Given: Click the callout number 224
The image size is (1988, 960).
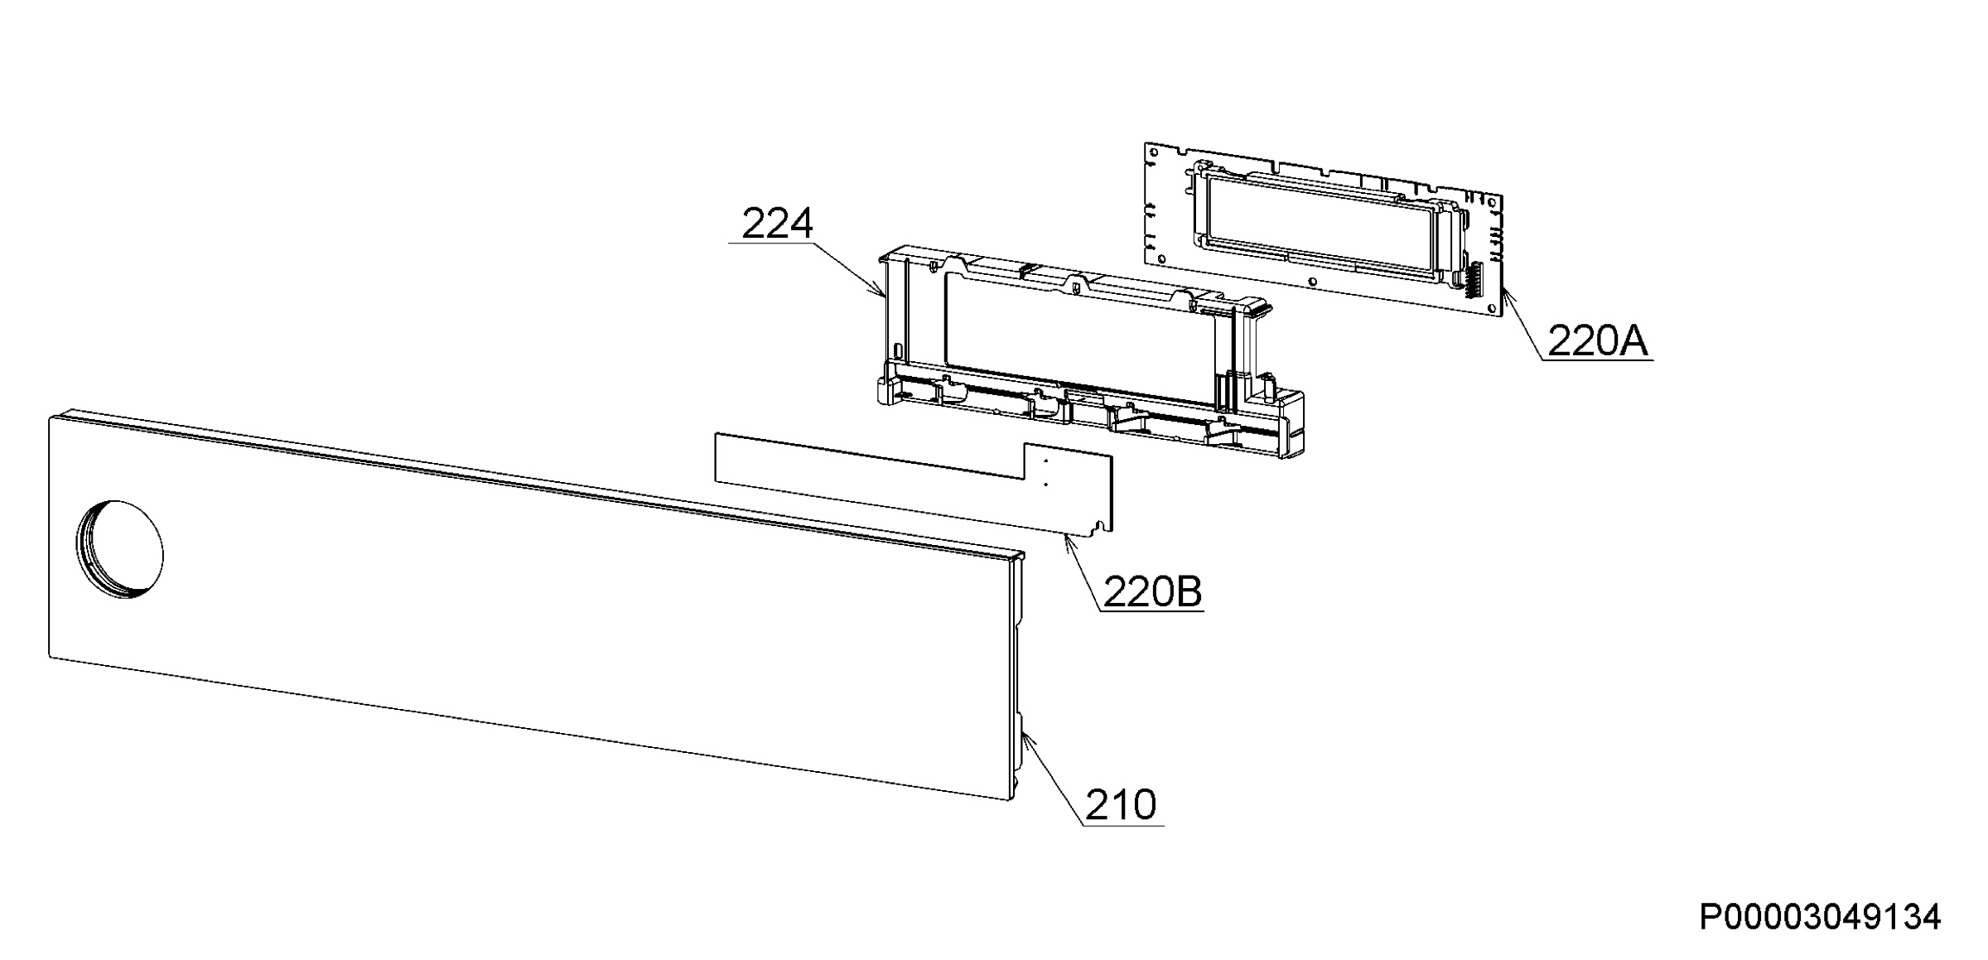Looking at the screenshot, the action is coord(777,224).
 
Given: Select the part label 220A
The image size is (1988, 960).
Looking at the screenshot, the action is coord(1598,340).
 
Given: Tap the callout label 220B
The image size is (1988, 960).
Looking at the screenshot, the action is coord(1152,592).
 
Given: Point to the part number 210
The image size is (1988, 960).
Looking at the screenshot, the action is coord(1121,805).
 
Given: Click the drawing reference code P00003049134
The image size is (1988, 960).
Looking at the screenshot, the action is coord(1820,917).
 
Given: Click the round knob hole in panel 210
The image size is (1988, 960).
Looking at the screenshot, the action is coord(120,549).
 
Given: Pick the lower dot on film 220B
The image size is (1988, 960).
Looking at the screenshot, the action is coord(1045,484).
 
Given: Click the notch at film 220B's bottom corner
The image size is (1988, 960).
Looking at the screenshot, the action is coord(1099,524).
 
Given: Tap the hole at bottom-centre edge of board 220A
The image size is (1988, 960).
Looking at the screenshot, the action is coord(1312,282).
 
